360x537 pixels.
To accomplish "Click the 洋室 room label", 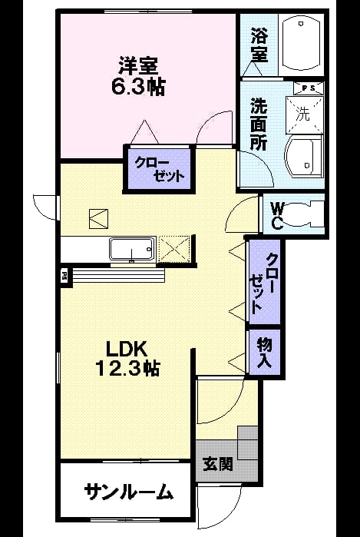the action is click(x=138, y=66).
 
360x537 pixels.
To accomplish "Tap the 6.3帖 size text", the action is click(x=138, y=87).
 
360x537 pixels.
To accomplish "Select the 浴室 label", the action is click(x=259, y=45).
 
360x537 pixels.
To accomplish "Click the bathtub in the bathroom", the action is click(x=301, y=44).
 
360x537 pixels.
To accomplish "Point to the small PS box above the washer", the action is click(x=309, y=88).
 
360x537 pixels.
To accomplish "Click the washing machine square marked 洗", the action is click(x=304, y=114).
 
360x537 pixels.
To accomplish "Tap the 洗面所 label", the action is click(x=259, y=124).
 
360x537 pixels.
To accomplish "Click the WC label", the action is click(x=276, y=215).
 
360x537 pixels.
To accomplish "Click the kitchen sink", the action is click(x=132, y=250).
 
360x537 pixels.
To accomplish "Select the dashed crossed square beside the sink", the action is click(x=174, y=249).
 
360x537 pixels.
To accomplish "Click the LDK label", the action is click(x=127, y=349).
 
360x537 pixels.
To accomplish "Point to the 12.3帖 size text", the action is click(x=127, y=369).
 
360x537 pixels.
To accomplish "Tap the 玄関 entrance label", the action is click(x=218, y=464).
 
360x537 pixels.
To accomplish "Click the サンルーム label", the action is click(x=128, y=492).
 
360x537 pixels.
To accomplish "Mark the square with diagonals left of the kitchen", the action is click(x=98, y=218).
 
